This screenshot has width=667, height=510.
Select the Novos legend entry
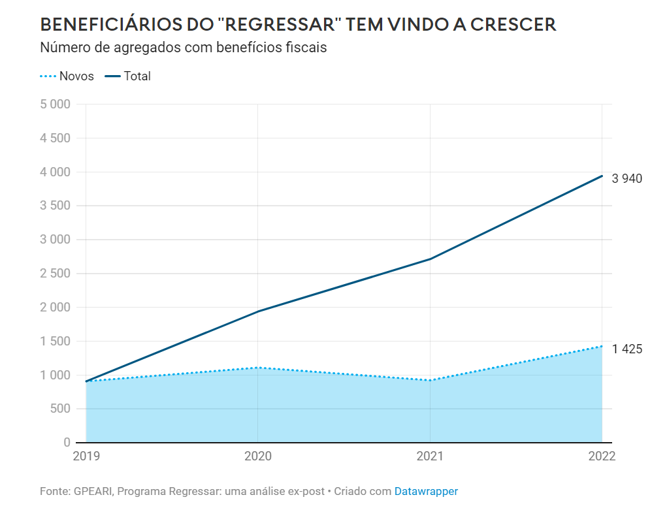click(x=76, y=76)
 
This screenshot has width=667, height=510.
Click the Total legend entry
click(x=137, y=76)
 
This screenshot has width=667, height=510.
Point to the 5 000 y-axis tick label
click(x=55, y=104)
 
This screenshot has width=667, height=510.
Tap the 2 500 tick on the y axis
click(x=55, y=274)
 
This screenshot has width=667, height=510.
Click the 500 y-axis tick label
click(x=60, y=409)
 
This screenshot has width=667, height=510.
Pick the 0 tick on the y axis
click(x=67, y=443)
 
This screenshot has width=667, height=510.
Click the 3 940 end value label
click(x=627, y=178)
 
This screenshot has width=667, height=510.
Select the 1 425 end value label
click(x=627, y=349)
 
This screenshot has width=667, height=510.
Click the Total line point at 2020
click(x=258, y=311)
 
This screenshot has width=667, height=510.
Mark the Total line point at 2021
click(x=431, y=259)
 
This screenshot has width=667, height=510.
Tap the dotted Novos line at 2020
click(x=258, y=368)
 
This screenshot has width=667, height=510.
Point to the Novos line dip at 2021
click(x=431, y=380)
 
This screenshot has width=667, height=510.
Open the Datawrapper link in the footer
click(x=426, y=491)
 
